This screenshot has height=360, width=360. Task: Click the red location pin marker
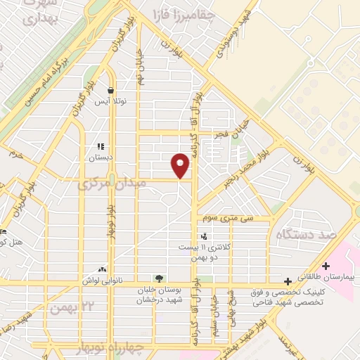tap(181, 165)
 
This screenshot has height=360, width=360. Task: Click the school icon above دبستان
tap(101, 147)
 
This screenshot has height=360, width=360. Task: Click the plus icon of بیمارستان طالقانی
tap(325, 266)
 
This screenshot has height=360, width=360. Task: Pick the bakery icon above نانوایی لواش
tap(103, 269)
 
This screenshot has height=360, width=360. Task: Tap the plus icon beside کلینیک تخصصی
tap(288, 281)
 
